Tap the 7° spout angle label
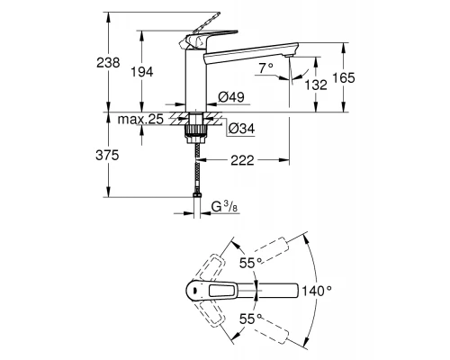tap(263, 68)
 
